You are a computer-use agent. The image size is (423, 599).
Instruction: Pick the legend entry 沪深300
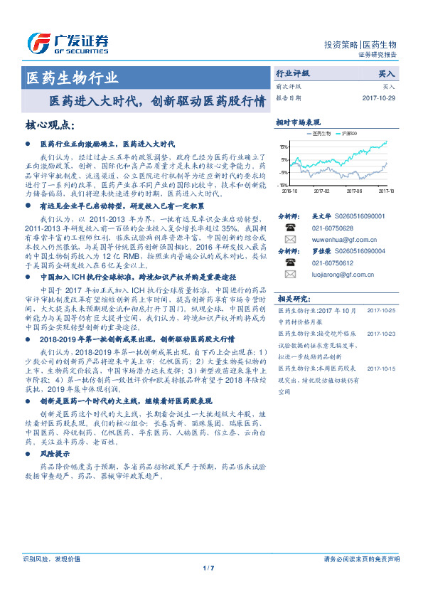pyautogui.click(x=367, y=134)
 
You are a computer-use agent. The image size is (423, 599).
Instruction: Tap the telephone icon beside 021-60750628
pyautogui.click(x=289, y=228)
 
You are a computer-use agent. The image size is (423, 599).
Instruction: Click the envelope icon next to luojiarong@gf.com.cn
pyautogui.click(x=289, y=274)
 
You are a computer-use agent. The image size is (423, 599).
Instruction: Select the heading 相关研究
pyautogui.click(x=293, y=298)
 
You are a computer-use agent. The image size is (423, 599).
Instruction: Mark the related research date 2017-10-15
pyautogui.click(x=382, y=369)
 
